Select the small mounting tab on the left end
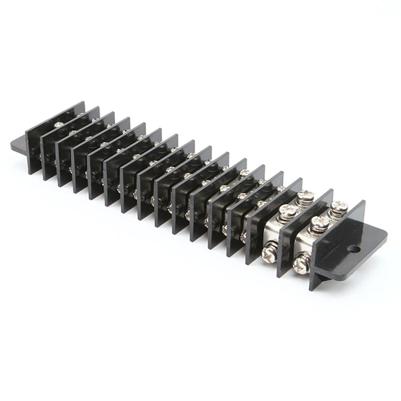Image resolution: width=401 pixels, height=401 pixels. pos(18,145)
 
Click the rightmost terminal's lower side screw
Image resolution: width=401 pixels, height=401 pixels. pos(301,264)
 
